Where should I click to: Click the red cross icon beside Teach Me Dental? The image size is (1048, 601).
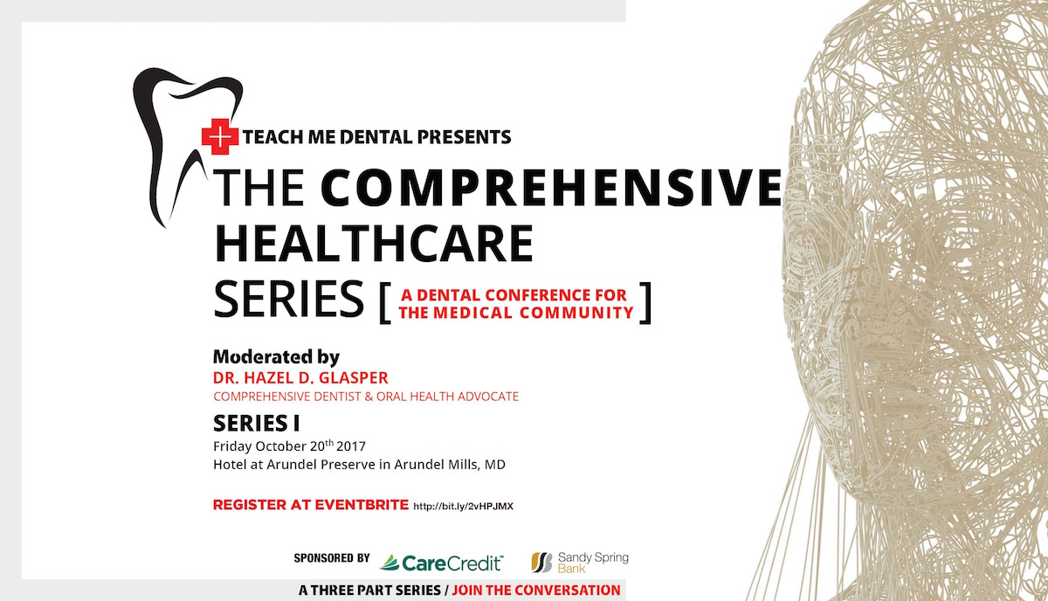[220, 136]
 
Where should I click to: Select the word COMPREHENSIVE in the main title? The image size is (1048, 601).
[551, 187]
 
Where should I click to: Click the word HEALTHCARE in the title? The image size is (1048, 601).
[374, 244]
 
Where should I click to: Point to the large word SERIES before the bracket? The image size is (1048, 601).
[289, 299]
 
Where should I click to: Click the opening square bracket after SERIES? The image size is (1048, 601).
[385, 302]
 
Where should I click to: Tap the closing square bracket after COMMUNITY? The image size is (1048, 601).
[645, 302]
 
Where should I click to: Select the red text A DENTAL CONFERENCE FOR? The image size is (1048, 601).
[514, 295]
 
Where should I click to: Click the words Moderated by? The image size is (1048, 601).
[277, 357]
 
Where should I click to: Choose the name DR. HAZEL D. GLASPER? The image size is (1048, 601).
[300, 377]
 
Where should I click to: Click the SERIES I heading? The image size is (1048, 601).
[257, 424]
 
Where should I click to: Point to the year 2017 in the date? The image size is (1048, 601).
[351, 446]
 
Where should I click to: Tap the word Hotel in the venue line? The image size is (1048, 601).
[229, 465]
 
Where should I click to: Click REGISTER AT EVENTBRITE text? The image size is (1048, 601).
[311, 505]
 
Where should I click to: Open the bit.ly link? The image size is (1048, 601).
[463, 506]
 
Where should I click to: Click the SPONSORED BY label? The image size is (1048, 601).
[332, 558]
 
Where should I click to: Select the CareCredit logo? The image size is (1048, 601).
[441, 563]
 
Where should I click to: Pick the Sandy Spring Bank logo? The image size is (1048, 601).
[580, 563]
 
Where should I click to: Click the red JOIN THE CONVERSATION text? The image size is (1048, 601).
[536, 591]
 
